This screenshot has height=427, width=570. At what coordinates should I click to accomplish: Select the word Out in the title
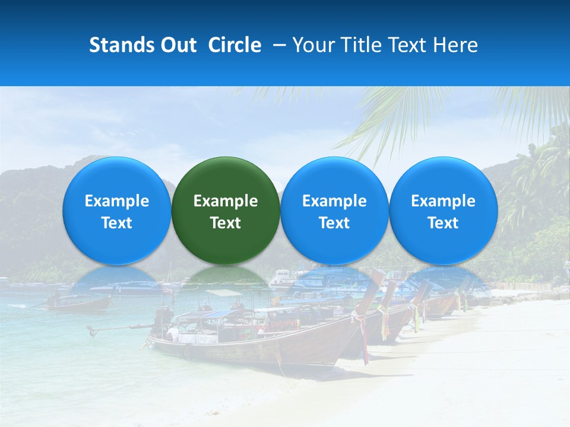click(178, 45)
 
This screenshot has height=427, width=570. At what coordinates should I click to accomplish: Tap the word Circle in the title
click(235, 45)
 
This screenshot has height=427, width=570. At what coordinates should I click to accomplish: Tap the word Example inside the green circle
click(226, 201)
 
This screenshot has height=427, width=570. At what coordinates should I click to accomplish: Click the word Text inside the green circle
click(226, 223)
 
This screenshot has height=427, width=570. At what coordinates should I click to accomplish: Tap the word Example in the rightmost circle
click(444, 201)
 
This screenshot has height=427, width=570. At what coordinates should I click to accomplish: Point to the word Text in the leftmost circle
click(116, 223)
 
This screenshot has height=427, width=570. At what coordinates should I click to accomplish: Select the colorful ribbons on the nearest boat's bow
click(361, 332)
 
